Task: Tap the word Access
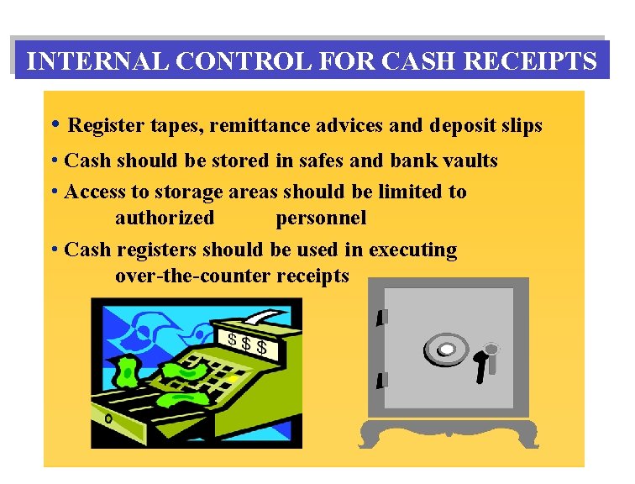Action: [x=94, y=192]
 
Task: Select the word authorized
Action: [x=165, y=218]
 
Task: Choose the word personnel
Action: [x=321, y=218]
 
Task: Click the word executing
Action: [x=412, y=250]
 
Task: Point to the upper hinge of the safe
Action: [x=381, y=318]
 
